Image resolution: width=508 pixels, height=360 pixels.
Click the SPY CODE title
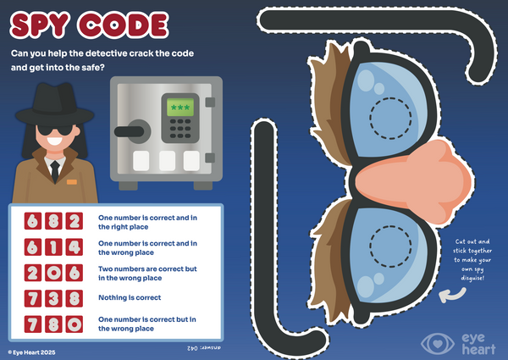(x=89, y=25)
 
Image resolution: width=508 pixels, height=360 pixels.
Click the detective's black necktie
(x=55, y=172)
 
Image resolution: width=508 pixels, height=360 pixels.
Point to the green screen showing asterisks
(x=180, y=108)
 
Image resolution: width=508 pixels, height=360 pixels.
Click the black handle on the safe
(x=129, y=131)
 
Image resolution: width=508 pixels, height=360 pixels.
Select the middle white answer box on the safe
(x=167, y=161)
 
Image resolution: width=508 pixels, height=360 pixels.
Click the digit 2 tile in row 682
(x=75, y=221)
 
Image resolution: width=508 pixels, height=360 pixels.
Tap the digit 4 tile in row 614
(x=75, y=246)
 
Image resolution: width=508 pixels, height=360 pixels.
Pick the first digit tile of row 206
(x=33, y=273)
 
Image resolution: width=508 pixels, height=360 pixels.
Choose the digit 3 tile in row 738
(x=53, y=298)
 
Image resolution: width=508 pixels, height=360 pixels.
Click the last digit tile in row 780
(x=75, y=324)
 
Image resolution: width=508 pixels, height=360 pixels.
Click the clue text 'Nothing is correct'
(x=130, y=297)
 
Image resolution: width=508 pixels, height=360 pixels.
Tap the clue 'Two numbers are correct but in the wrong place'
(x=147, y=274)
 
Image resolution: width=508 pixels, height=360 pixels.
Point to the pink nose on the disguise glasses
(x=415, y=181)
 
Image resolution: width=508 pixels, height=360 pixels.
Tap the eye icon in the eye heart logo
(x=438, y=344)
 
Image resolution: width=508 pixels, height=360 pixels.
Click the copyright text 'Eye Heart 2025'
(x=32, y=352)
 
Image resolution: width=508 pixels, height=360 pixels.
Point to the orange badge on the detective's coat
(x=72, y=182)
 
